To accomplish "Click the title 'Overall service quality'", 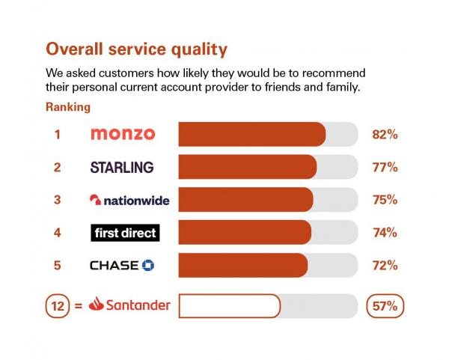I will [136, 49].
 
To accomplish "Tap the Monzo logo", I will [122, 134].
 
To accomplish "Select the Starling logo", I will [122, 167].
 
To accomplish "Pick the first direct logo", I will [124, 233].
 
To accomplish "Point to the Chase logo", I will [122, 266].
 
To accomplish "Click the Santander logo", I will [129, 305].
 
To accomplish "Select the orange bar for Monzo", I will [251, 134].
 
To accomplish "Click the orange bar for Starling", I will [247, 167].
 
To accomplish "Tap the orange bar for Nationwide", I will [245, 200].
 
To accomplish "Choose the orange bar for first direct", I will [245, 233].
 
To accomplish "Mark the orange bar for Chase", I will [242, 266].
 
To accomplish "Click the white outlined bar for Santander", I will [229, 305].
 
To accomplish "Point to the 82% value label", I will [385, 135].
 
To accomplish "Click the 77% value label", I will [385, 168].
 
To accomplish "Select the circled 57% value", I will [385, 305].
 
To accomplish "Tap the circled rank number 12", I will [58, 305].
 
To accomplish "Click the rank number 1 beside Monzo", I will [57, 135].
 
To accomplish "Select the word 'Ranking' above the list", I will [68, 107].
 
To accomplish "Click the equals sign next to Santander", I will [76, 305].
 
